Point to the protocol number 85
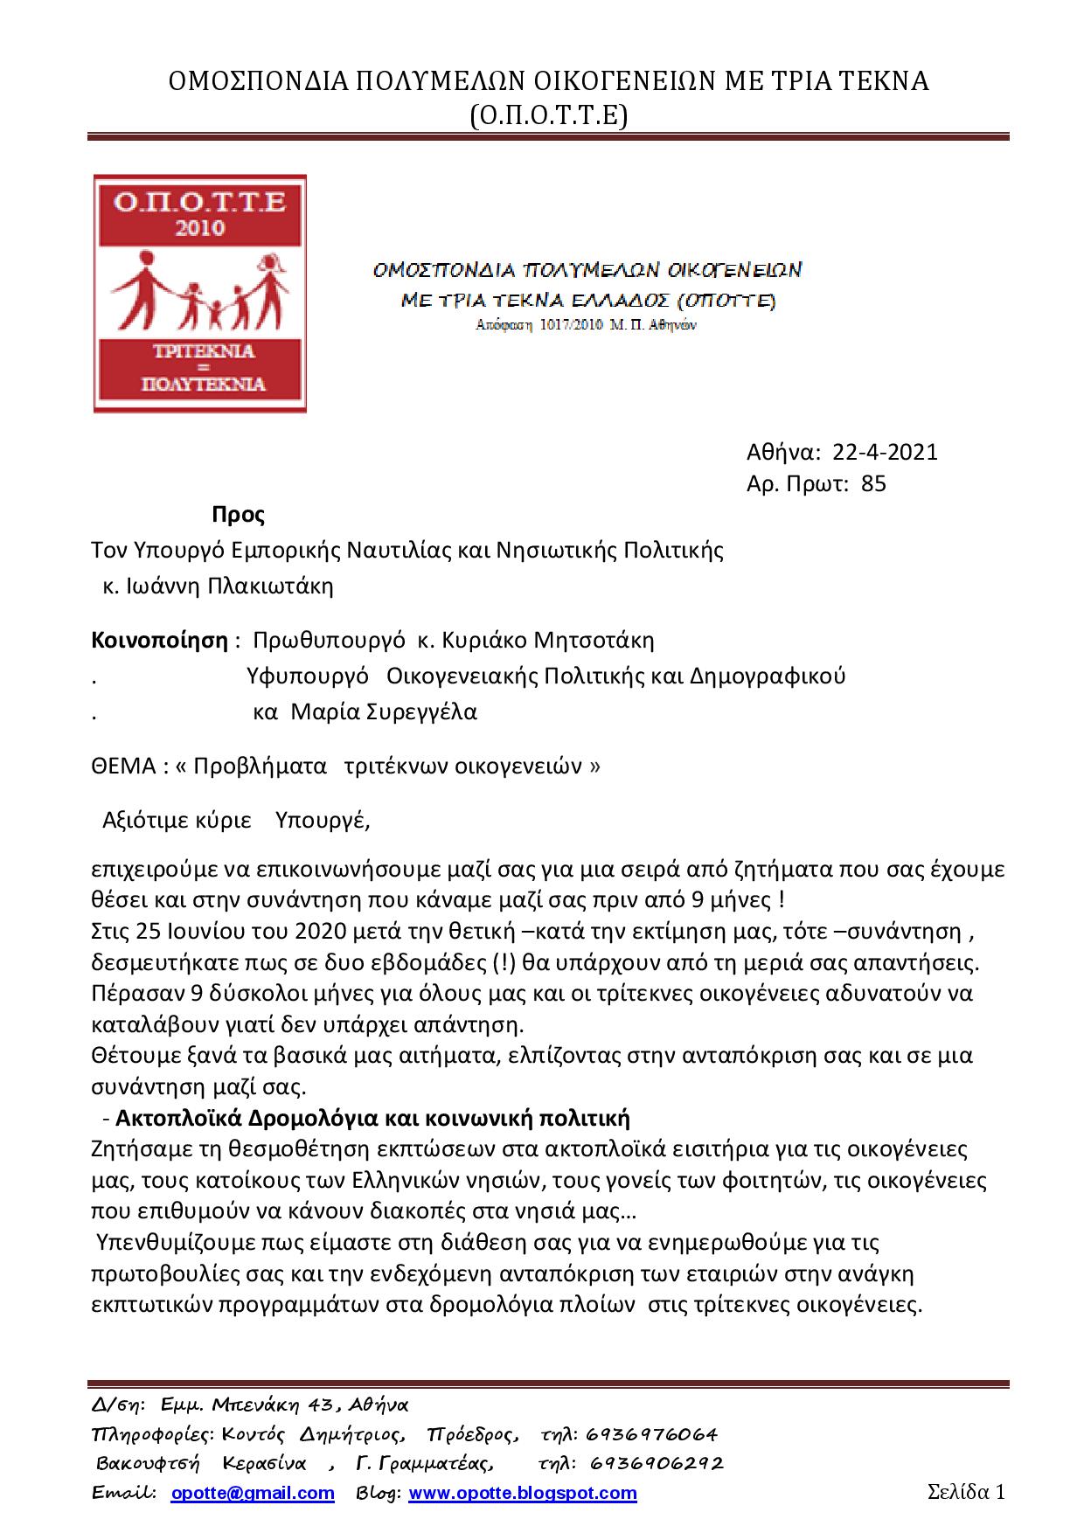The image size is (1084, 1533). coord(873,483)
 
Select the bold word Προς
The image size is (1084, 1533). coord(238,515)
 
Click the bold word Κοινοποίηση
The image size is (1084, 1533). coord(159,641)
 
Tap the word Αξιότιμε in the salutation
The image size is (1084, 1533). coord(145,821)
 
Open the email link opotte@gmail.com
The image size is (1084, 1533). coord(253,1493)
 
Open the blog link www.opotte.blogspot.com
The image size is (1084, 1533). coord(523,1493)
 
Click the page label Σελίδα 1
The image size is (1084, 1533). coord(966,1491)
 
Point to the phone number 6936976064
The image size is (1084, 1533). coord(652,1435)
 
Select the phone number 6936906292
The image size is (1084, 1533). coord(657,1463)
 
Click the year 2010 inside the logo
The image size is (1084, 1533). coord(200,229)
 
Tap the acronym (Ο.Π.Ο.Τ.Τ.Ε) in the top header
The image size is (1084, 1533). coord(548,114)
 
